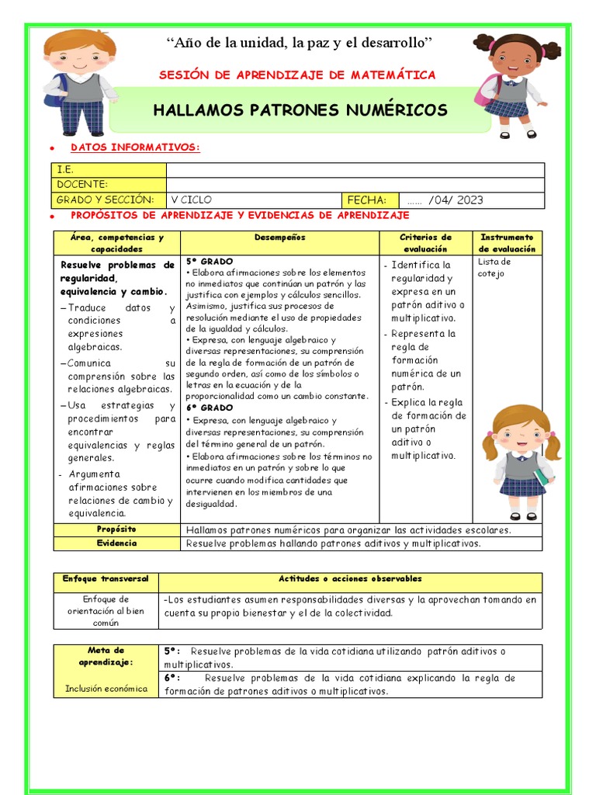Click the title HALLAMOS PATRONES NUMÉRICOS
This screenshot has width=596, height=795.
coord(300,110)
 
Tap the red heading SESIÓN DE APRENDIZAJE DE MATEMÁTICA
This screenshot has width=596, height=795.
coord(297,75)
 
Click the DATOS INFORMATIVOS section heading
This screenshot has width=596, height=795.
coord(135,148)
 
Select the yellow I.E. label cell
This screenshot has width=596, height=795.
coord(109,169)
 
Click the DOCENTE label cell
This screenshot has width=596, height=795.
coord(109,184)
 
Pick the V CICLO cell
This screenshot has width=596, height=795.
coord(253,200)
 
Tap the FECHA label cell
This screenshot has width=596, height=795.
coord(369,200)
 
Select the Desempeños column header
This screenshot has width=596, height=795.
coord(279,238)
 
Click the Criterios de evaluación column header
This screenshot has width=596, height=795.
coord(425,243)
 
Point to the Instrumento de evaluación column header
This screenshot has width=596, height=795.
coord(507,243)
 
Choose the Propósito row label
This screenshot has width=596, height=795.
coord(116,529)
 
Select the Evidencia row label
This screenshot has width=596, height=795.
coord(116,543)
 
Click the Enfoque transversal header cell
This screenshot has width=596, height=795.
coord(106,579)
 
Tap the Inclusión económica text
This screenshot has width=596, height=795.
coord(106,689)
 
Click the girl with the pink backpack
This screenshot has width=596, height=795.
coord(510,84)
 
